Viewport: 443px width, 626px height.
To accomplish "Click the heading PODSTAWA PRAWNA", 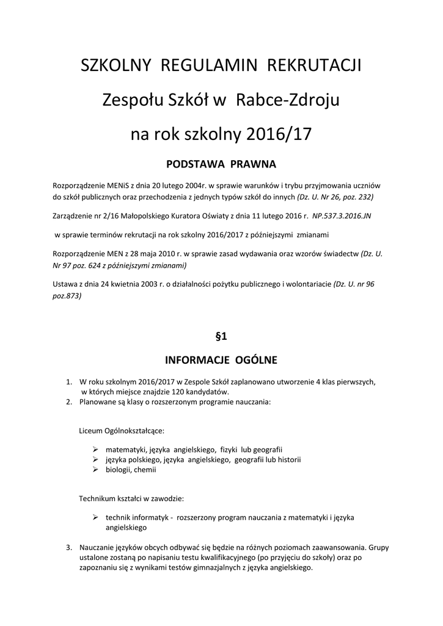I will (221, 164).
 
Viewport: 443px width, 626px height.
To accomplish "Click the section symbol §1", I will (221, 336).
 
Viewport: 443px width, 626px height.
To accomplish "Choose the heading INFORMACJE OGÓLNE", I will (221, 359).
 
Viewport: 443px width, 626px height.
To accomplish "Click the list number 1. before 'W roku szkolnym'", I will (69, 381).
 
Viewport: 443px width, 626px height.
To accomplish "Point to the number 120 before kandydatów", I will (183, 391).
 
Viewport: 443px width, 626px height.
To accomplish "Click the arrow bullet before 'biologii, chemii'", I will (95, 470).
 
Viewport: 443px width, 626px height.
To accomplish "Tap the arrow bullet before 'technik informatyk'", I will (95, 517).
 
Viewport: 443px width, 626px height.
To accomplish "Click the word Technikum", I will (100, 498).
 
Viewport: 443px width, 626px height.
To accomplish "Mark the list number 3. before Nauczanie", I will (69, 547).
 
